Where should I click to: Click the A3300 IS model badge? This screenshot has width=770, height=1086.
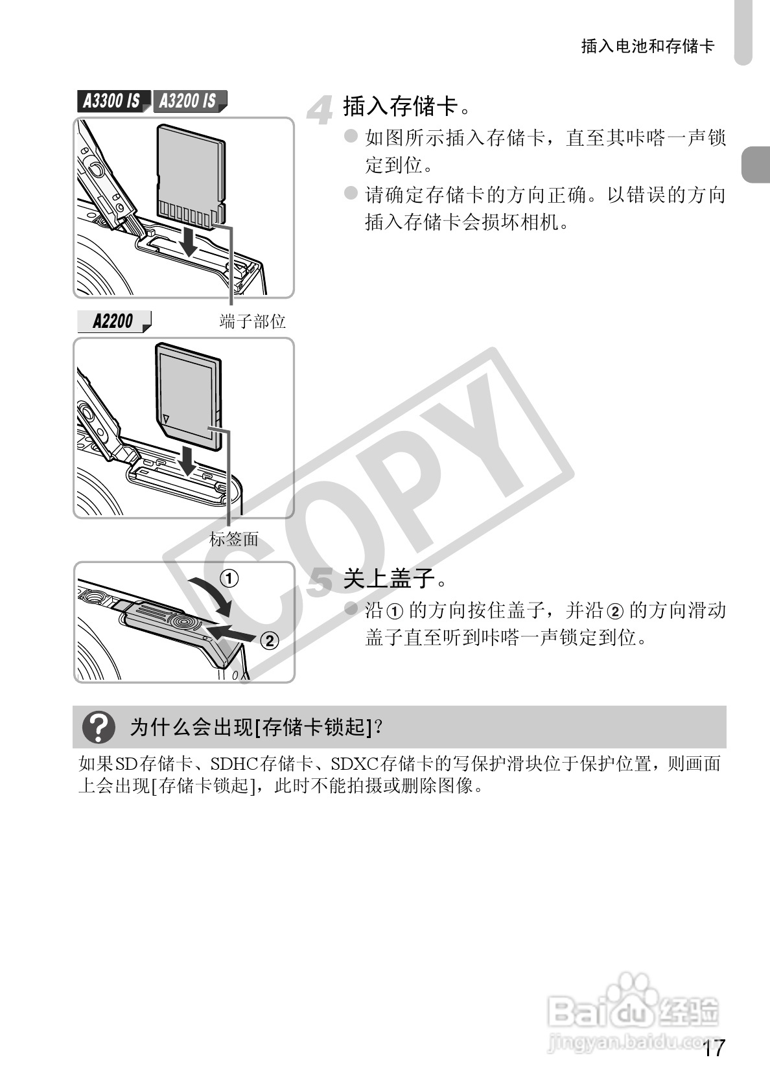pyautogui.click(x=112, y=101)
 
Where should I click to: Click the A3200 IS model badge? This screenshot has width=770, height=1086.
pyautogui.click(x=189, y=101)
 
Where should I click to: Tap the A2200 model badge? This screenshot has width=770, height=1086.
pyautogui.click(x=113, y=321)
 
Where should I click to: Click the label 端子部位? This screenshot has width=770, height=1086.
pyautogui.click(x=252, y=321)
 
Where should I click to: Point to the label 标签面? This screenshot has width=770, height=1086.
pyautogui.click(x=234, y=538)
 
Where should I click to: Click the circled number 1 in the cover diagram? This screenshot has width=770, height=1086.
pyautogui.click(x=231, y=578)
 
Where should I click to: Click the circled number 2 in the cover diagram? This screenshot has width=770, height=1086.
pyautogui.click(x=269, y=641)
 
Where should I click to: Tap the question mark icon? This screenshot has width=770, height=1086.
pyautogui.click(x=99, y=727)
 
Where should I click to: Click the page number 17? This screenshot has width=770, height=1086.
pyautogui.click(x=713, y=1048)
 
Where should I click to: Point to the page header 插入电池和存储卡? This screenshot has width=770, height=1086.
pyautogui.click(x=647, y=46)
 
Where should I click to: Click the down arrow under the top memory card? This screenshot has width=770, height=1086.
pyautogui.click(x=189, y=242)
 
